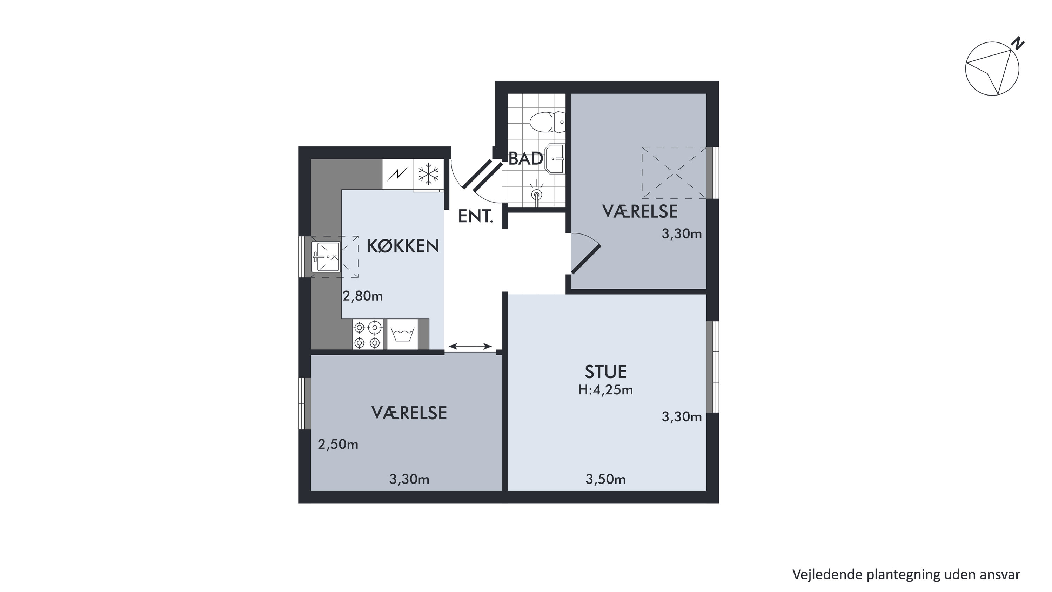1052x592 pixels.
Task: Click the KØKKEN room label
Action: (x=403, y=246)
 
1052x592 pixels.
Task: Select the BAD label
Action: (x=526, y=158)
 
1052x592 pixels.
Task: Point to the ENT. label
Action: (x=476, y=216)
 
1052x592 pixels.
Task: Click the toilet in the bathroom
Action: (x=547, y=122)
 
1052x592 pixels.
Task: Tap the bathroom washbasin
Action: (x=555, y=159)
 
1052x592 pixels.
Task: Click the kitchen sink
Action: (x=326, y=257)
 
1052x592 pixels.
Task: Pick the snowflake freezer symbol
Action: (x=428, y=174)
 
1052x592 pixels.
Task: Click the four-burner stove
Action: (x=368, y=334)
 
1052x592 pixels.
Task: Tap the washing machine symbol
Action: (x=403, y=334)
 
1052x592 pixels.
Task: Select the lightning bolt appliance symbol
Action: (x=397, y=175)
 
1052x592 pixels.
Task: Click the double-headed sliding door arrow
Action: (x=470, y=346)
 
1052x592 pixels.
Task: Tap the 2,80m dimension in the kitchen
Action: (x=363, y=296)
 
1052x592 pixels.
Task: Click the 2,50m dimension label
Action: (x=338, y=445)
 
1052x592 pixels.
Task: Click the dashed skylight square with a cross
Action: (x=674, y=173)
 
